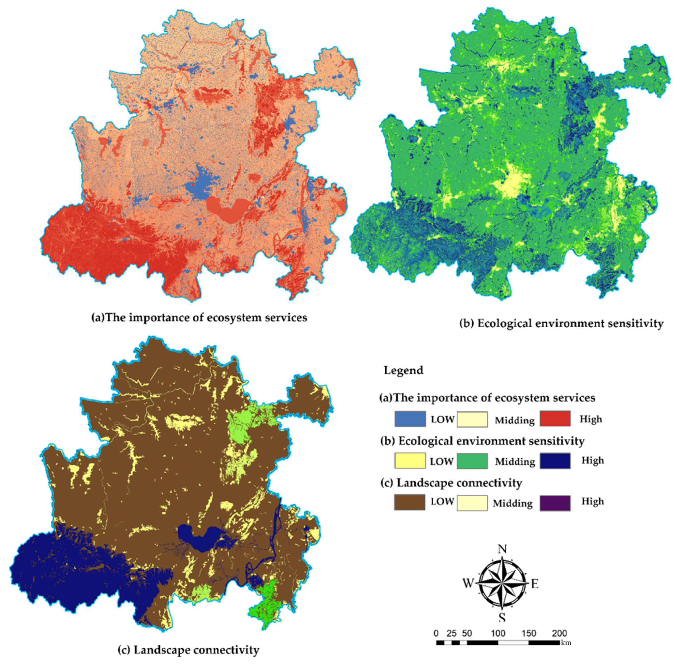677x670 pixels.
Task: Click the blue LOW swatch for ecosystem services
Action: click(x=410, y=419)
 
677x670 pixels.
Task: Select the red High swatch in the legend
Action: click(x=555, y=419)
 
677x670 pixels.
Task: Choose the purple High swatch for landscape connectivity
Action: click(x=555, y=503)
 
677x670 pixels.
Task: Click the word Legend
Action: click(x=403, y=370)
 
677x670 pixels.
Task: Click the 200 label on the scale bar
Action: click(x=559, y=633)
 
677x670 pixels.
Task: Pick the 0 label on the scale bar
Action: click(x=436, y=633)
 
